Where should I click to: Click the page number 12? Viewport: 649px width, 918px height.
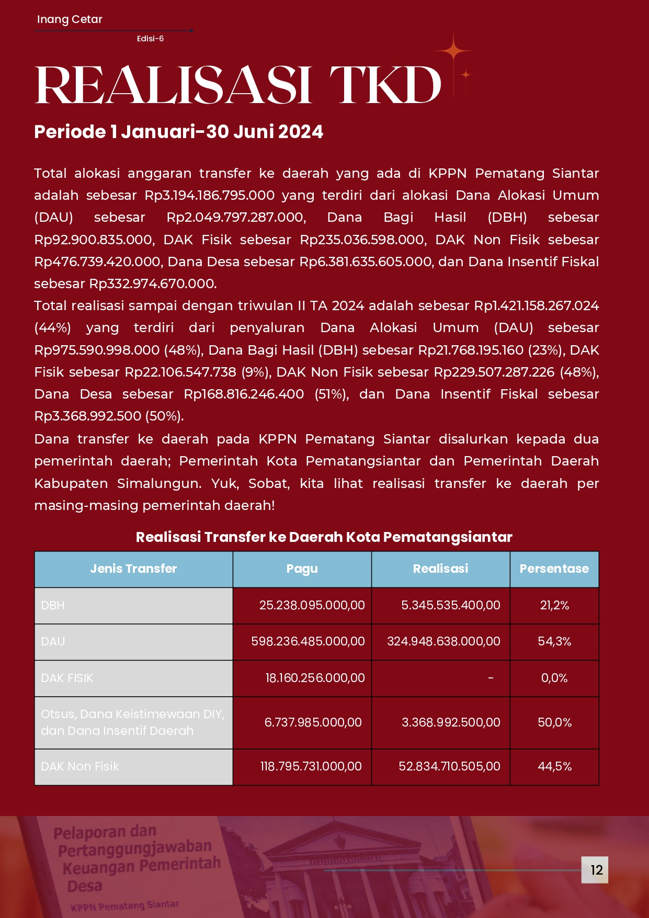click(x=596, y=870)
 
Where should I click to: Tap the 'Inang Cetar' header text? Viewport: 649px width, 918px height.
click(x=70, y=19)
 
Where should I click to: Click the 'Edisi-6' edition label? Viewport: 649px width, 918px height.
click(x=150, y=39)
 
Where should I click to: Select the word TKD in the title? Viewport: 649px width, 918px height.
click(x=385, y=85)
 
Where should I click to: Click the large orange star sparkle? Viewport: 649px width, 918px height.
click(x=453, y=51)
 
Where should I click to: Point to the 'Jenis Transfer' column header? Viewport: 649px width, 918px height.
click(x=133, y=569)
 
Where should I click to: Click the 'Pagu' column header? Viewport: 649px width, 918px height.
click(x=302, y=569)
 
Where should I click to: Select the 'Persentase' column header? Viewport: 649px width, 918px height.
click(x=554, y=569)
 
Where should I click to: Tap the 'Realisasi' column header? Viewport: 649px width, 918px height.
click(x=440, y=569)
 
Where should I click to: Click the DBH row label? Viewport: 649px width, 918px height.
click(x=53, y=605)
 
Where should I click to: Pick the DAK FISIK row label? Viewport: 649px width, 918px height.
click(x=67, y=678)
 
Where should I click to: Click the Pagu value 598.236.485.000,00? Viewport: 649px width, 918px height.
click(x=308, y=641)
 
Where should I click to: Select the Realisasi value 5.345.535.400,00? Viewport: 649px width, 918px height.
click(x=450, y=605)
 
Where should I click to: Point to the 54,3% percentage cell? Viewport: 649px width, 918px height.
click(x=554, y=641)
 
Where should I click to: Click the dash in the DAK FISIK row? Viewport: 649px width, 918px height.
click(x=491, y=678)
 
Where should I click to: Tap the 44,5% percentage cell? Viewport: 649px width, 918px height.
click(x=554, y=766)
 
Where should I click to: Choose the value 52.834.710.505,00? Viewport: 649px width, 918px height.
click(x=449, y=766)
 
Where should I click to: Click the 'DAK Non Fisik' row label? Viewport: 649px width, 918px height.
click(x=80, y=766)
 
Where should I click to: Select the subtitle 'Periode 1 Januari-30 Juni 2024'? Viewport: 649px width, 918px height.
click(x=178, y=132)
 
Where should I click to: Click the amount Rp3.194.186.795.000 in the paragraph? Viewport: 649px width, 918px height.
click(x=210, y=195)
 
